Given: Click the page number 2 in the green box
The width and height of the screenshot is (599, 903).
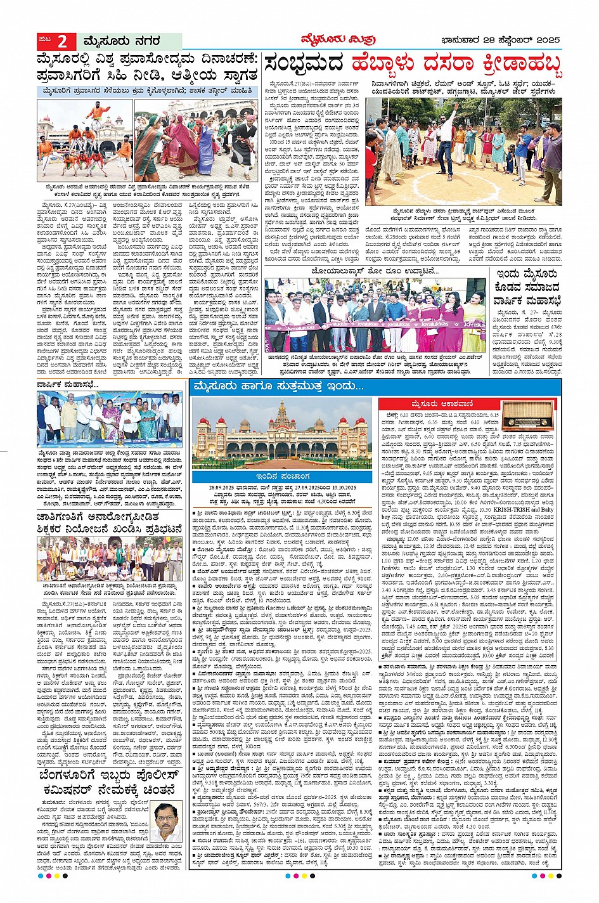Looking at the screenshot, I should click(x=63, y=41).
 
